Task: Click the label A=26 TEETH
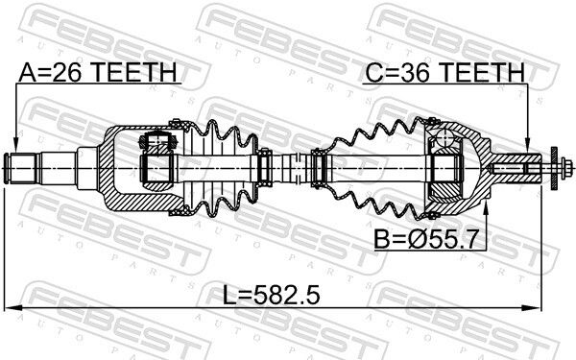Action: coord(98,72)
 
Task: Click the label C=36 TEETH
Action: coord(444,72)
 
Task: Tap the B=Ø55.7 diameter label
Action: coord(424,239)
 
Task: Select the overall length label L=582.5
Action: coord(272,296)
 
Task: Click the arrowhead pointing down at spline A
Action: coord(15,144)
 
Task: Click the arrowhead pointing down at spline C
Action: coord(527,144)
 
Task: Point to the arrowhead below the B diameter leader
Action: coord(486,207)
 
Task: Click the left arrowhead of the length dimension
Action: coord(11,308)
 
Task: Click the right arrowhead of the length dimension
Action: coord(535,308)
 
